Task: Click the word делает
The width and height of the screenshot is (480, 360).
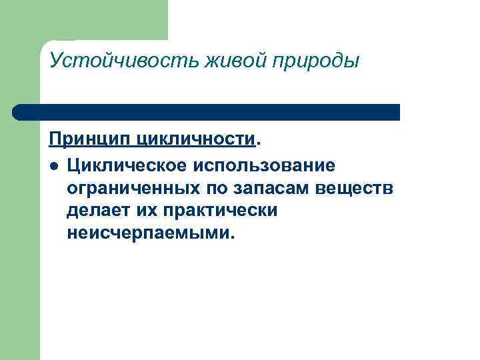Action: pyautogui.click(x=95, y=211)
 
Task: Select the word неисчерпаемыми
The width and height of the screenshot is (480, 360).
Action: pyautogui.click(x=150, y=234)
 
